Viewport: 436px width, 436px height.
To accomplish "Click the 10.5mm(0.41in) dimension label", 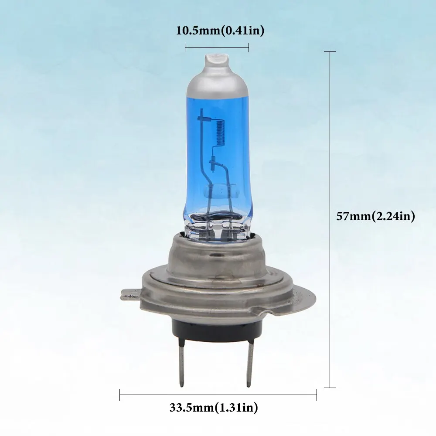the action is [x=220, y=31].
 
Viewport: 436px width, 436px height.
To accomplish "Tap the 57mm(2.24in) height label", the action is [x=375, y=216].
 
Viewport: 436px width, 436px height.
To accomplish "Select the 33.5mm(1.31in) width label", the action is [x=214, y=408].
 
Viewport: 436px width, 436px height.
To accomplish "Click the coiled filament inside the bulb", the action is [x=220, y=133].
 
